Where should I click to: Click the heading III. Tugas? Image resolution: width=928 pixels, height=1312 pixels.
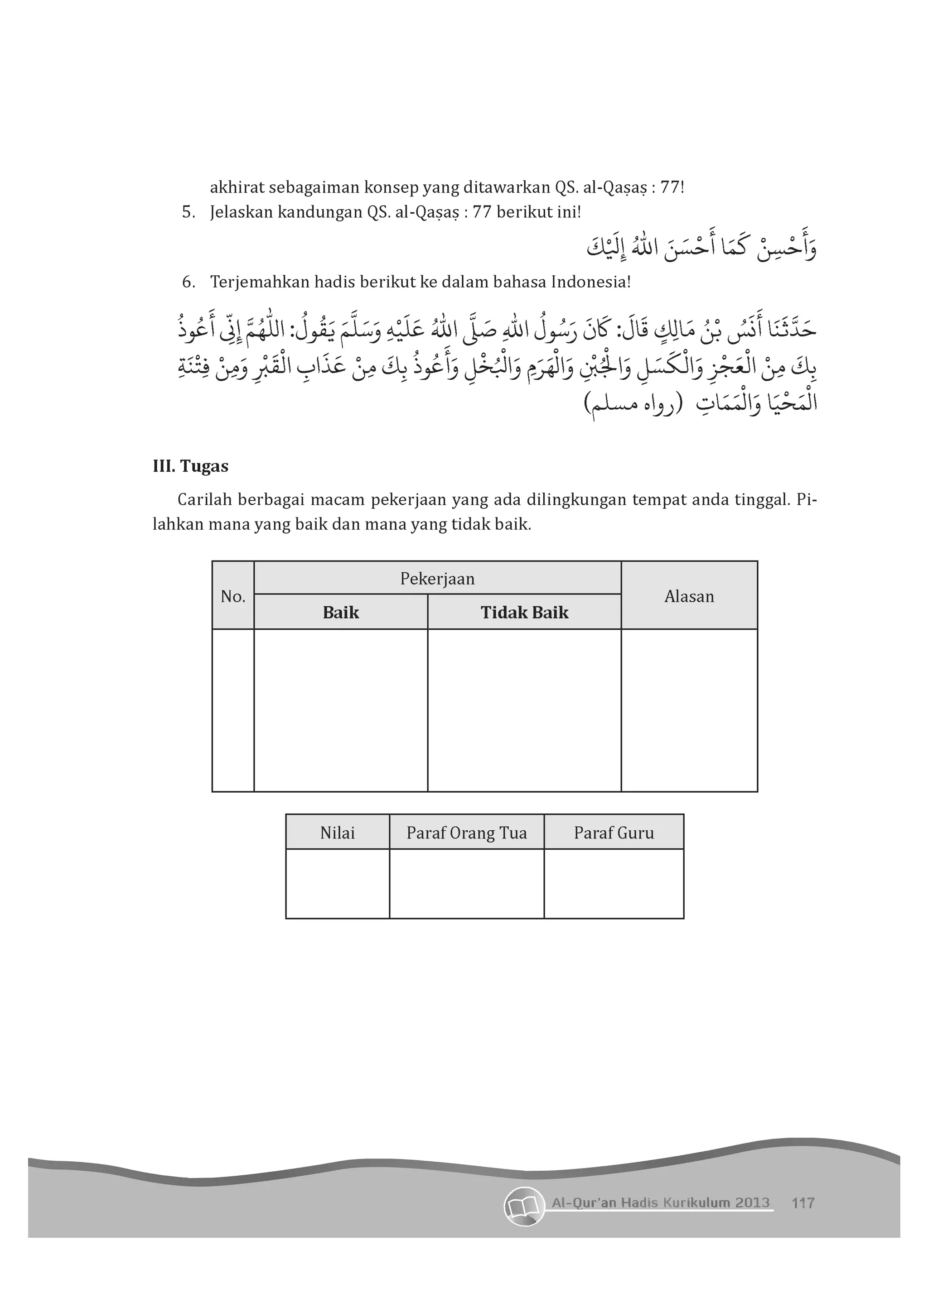click(190, 466)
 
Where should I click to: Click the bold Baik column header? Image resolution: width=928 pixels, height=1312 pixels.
click(341, 613)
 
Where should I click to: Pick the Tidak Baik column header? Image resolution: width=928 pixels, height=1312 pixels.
click(524, 613)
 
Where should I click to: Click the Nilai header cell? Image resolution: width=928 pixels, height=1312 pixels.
click(337, 833)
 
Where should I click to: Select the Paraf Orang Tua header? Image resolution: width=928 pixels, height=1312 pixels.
click(467, 833)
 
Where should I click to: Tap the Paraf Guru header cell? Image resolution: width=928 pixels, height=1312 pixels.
click(614, 833)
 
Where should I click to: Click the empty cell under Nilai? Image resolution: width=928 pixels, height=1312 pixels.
click(337, 883)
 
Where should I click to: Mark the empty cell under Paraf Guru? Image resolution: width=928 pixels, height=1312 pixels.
click(614, 883)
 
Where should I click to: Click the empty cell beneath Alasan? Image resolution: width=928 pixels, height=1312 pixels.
click(689, 710)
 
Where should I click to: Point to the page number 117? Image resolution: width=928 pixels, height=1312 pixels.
click(803, 1203)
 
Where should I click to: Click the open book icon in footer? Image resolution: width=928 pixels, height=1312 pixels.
click(524, 1206)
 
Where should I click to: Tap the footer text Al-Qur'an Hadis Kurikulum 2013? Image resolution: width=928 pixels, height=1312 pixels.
click(660, 1202)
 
